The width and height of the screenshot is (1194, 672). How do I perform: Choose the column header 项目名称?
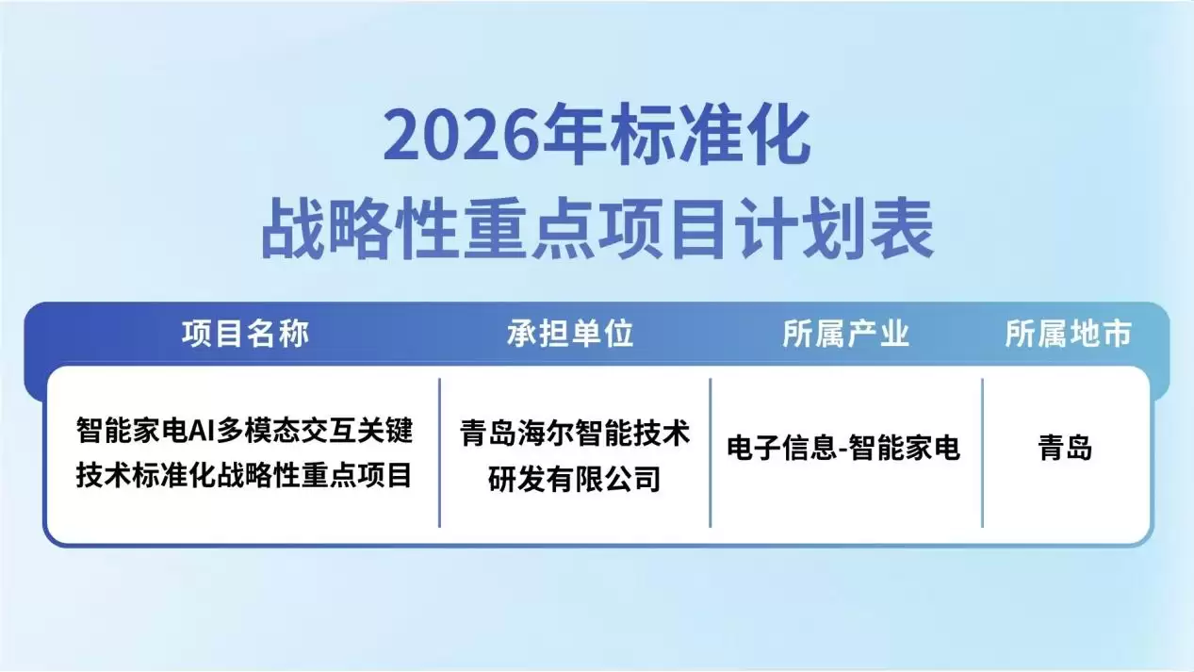click(x=245, y=334)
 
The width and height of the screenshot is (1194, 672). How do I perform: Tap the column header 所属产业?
click(x=845, y=334)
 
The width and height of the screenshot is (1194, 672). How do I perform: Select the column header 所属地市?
click(x=1068, y=334)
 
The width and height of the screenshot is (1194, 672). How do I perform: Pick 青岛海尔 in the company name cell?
click(x=517, y=433)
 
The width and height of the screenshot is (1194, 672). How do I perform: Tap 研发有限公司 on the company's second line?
click(x=574, y=479)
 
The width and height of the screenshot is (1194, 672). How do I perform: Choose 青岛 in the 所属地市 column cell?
click(x=1066, y=449)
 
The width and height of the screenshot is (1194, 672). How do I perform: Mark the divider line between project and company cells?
click(x=439, y=452)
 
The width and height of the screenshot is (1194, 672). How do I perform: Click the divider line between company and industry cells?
click(x=711, y=452)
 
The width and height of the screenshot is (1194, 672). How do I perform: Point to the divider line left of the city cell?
click(x=982, y=452)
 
